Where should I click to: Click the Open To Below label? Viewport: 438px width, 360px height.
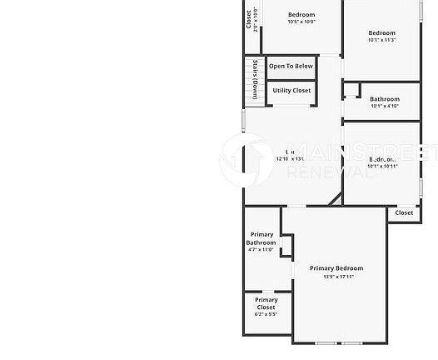(291, 66)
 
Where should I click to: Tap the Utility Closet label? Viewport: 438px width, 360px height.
(291, 90)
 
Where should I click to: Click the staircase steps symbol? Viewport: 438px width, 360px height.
(248, 80)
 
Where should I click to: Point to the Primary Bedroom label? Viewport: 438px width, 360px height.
(336, 268)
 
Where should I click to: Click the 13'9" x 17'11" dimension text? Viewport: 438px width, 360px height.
(336, 277)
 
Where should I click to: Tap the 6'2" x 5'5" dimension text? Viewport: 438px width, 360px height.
(266, 315)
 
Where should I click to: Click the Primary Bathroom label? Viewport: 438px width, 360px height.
(261, 238)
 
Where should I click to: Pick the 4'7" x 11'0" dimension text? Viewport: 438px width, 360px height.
(261, 249)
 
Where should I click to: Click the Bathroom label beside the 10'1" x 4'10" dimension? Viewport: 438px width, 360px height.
(385, 99)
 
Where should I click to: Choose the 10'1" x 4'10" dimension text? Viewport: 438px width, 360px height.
(385, 106)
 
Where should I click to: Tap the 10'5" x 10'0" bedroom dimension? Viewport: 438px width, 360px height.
(301, 22)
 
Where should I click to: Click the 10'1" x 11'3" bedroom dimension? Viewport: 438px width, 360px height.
(381, 39)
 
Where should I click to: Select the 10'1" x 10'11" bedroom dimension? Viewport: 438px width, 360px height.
(382, 166)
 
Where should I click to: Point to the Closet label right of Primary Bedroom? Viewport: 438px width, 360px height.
(404, 212)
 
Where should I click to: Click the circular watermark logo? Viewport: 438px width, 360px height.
(246, 159)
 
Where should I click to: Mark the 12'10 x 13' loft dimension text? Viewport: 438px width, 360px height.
(291, 158)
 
